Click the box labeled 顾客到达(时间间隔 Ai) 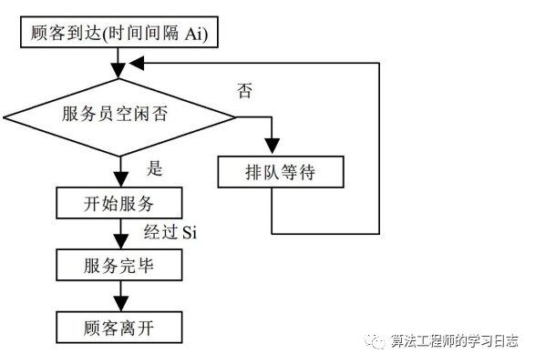pos(118,33)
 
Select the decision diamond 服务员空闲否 pos(119,116)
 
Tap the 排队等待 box pos(273,172)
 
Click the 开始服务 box pos(119,201)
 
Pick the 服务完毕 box pos(119,266)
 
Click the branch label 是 pos(156,168)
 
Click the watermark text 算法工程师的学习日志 pos(454,340)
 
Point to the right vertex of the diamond pos(235,116)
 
